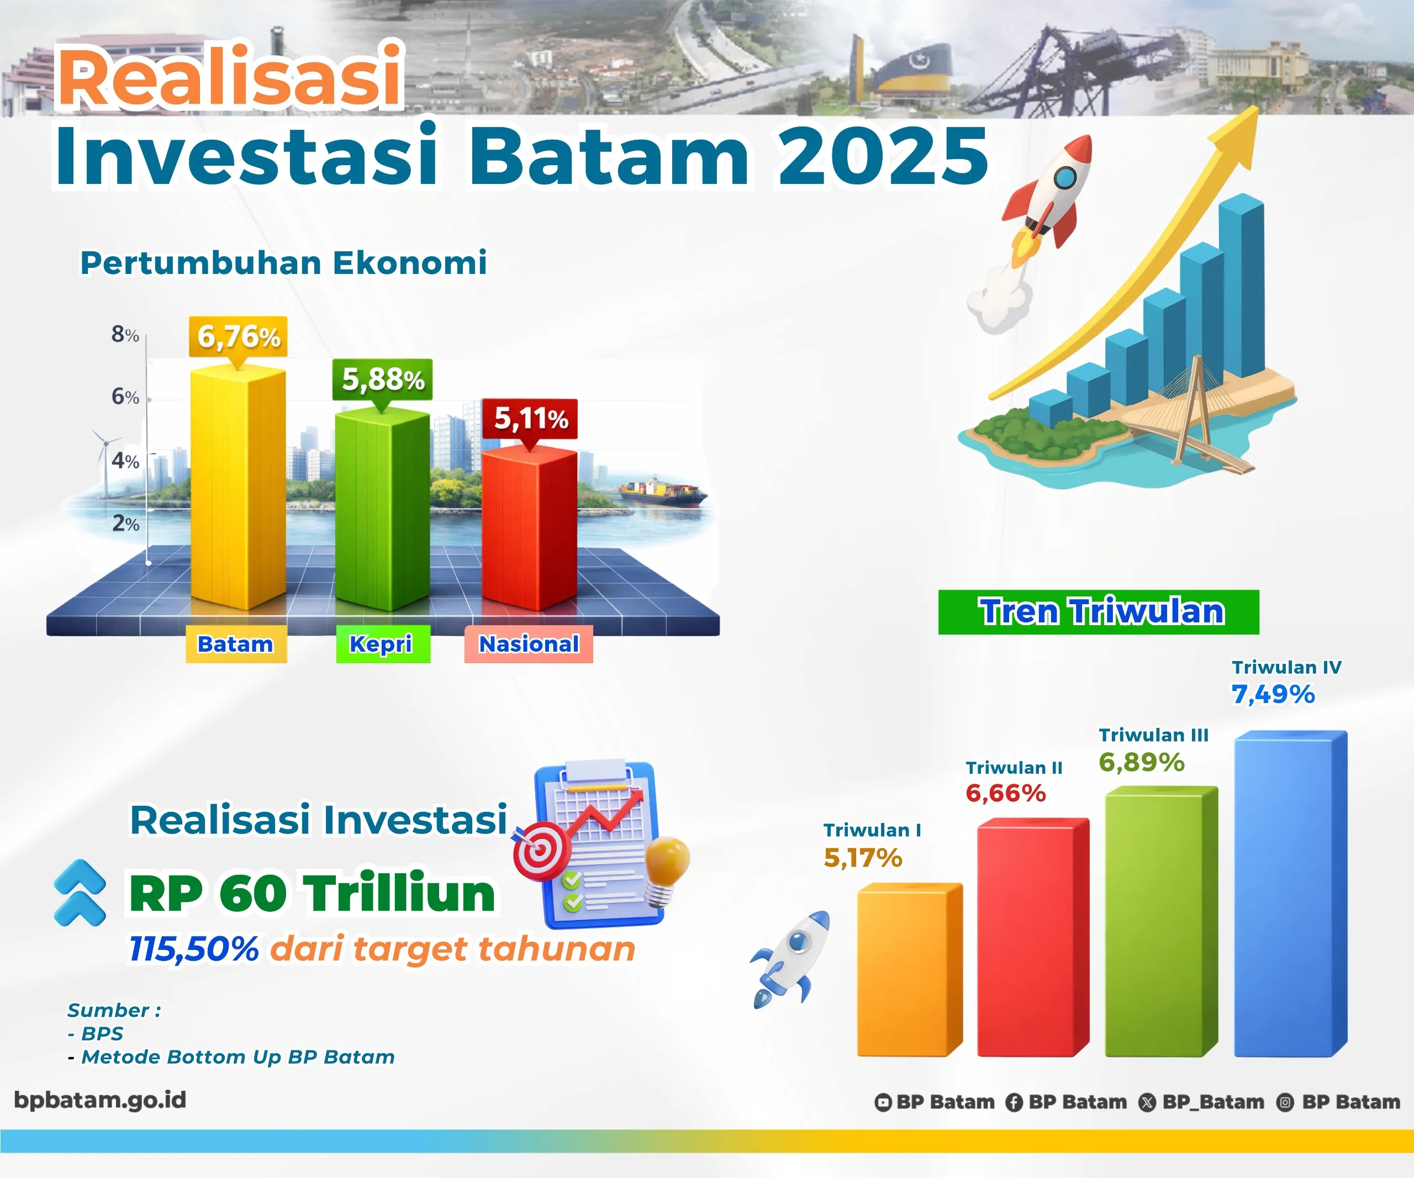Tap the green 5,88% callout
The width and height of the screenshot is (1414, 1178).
click(x=382, y=379)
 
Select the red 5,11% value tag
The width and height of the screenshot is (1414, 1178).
click(x=530, y=418)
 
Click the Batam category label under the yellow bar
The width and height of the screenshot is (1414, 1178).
click(x=236, y=643)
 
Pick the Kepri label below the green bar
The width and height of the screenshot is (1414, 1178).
click(x=382, y=643)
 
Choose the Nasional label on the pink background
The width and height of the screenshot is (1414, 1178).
click(x=529, y=643)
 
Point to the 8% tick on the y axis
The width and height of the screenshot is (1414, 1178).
click(x=125, y=334)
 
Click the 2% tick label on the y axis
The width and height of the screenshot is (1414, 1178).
click(x=125, y=523)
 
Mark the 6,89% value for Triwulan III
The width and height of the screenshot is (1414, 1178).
click(x=1141, y=762)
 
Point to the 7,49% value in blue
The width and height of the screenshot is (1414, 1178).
click(x=1273, y=694)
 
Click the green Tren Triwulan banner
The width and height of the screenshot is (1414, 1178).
click(x=1098, y=611)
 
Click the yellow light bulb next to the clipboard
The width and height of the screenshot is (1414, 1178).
click(x=667, y=865)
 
